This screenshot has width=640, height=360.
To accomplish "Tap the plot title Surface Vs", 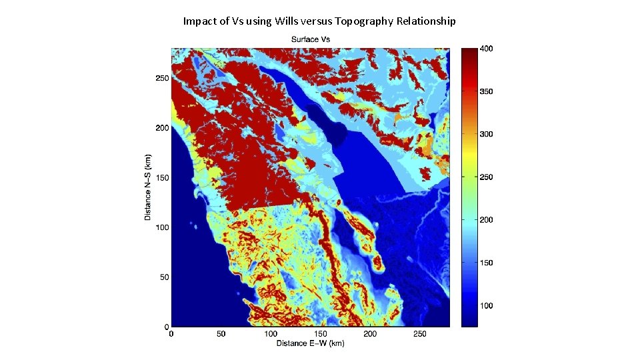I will pyautogui.click(x=310, y=39).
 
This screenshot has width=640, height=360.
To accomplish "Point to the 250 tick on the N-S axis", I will pyautogui.click(x=161, y=78).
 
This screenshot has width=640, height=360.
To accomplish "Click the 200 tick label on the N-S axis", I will pyautogui.click(x=161, y=128).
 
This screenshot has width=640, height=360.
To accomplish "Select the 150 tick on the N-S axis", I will pyautogui.click(x=161, y=178).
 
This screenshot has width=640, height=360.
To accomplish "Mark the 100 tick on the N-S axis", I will pyautogui.click(x=161, y=227).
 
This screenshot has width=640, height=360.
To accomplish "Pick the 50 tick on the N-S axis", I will pyautogui.click(x=163, y=277).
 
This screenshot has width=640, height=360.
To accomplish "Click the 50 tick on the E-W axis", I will pyautogui.click(x=221, y=333).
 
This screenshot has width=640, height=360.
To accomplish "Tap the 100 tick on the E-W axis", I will pyautogui.click(x=271, y=333).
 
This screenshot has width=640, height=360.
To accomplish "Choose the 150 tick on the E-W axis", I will pyautogui.click(x=321, y=333).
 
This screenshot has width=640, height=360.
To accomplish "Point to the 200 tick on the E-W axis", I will pyautogui.click(x=370, y=333).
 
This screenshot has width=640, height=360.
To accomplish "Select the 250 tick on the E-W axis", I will pyautogui.click(x=420, y=333).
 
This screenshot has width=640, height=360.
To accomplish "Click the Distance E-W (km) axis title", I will pyautogui.click(x=311, y=343).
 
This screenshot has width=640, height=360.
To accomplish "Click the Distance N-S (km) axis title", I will pyautogui.click(x=147, y=187).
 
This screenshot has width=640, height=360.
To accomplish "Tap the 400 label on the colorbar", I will pyautogui.click(x=487, y=49).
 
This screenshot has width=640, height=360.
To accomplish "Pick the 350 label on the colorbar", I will pyautogui.click(x=487, y=91).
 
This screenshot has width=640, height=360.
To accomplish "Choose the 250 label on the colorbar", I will pyautogui.click(x=487, y=177).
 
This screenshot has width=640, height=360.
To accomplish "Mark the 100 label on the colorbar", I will pyautogui.click(x=487, y=306).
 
